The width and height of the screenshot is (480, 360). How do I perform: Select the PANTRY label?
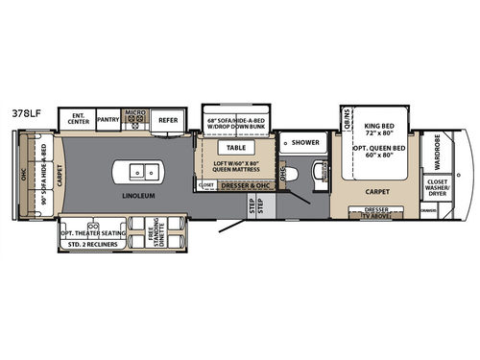(x=108, y=120)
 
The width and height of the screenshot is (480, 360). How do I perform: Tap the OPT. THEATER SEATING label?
(x=92, y=233)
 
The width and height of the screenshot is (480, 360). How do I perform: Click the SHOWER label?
(x=305, y=142)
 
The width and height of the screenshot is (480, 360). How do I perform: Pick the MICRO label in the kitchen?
(x=136, y=114)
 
